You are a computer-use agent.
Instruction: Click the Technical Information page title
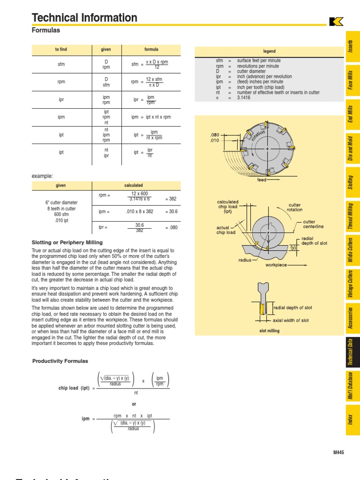(84, 18)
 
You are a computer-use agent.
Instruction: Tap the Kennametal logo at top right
(336, 22)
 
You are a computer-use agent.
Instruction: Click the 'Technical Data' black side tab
(350, 352)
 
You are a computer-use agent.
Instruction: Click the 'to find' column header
(61, 50)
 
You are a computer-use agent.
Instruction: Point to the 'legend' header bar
(269, 51)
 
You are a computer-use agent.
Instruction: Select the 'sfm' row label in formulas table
(61, 64)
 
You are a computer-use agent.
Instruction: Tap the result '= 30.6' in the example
(172, 212)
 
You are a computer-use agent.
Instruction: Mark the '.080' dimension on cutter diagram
(215, 135)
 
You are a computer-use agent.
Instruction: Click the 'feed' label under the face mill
(262, 180)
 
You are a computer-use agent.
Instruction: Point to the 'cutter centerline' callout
(314, 224)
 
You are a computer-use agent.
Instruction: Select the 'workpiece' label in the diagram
(276, 265)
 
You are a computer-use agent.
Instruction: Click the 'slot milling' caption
(269, 331)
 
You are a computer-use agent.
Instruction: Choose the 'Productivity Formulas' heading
(60, 361)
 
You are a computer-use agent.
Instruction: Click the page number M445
(338, 452)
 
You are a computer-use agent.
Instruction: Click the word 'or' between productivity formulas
(134, 404)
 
